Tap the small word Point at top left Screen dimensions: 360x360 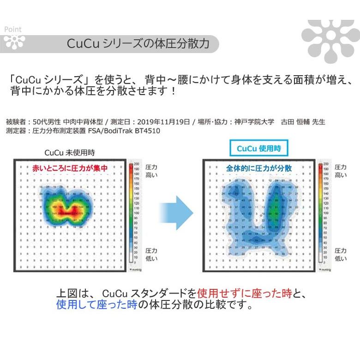click(12, 29)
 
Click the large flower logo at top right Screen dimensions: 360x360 click(330, 39)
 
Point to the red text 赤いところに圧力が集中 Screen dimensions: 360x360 click(70, 169)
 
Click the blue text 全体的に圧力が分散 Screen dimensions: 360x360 click(259, 169)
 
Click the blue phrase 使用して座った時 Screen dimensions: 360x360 click(96, 305)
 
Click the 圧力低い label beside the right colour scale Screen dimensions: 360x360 click(341, 254)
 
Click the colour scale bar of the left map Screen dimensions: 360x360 click(136, 215)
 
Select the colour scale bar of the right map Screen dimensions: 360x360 click(325, 215)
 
